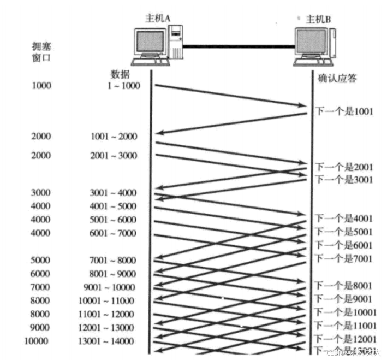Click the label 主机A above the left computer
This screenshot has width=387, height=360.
(x=159, y=19)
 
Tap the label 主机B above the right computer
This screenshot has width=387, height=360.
(x=318, y=19)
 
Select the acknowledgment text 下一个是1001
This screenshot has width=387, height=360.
(x=344, y=111)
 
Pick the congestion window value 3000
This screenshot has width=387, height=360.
(x=41, y=193)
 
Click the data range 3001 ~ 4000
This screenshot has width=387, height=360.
(x=114, y=193)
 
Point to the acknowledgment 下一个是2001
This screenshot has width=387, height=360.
(x=344, y=167)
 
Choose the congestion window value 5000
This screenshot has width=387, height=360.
(x=41, y=260)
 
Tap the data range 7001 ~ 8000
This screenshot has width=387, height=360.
(x=114, y=260)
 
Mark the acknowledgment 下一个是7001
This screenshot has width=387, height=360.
(x=344, y=257)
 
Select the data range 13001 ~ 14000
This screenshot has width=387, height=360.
(x=111, y=341)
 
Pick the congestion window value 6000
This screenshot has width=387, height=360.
(x=41, y=274)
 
